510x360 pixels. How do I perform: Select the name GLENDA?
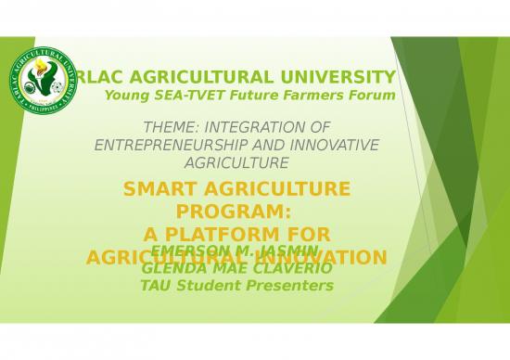pyautogui.click(x=170, y=268)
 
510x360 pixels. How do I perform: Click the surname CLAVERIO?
pyautogui.click(x=265, y=268)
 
